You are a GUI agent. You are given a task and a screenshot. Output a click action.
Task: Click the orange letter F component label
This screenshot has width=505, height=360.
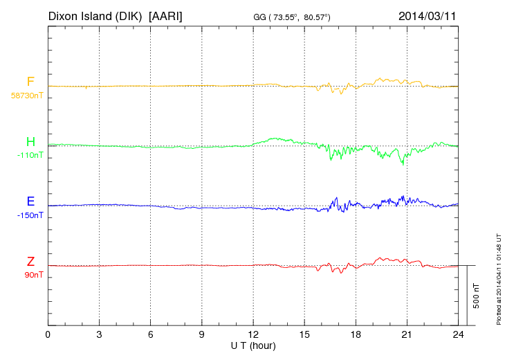point(30,82)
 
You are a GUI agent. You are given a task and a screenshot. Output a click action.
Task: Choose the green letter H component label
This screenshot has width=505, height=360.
point(30,142)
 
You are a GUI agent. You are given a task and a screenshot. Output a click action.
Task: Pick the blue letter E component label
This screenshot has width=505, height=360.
point(30,202)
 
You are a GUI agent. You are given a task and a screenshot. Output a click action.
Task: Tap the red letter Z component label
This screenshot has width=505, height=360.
point(30,262)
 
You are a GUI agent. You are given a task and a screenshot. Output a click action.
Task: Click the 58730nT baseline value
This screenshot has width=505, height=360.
point(27,96)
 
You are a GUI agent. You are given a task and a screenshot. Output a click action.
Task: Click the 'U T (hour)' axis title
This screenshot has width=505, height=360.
point(253,345)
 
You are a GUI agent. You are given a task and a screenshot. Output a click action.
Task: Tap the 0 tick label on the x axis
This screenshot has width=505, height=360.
point(48,334)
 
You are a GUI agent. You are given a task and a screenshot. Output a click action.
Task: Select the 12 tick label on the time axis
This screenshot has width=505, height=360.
point(253,334)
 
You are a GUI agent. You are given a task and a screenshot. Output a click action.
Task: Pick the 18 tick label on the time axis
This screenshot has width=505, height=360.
point(356,334)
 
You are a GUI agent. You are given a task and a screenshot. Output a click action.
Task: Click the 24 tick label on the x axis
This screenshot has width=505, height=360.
point(458,334)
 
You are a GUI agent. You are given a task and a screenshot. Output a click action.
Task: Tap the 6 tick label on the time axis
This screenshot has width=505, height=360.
point(151,334)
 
